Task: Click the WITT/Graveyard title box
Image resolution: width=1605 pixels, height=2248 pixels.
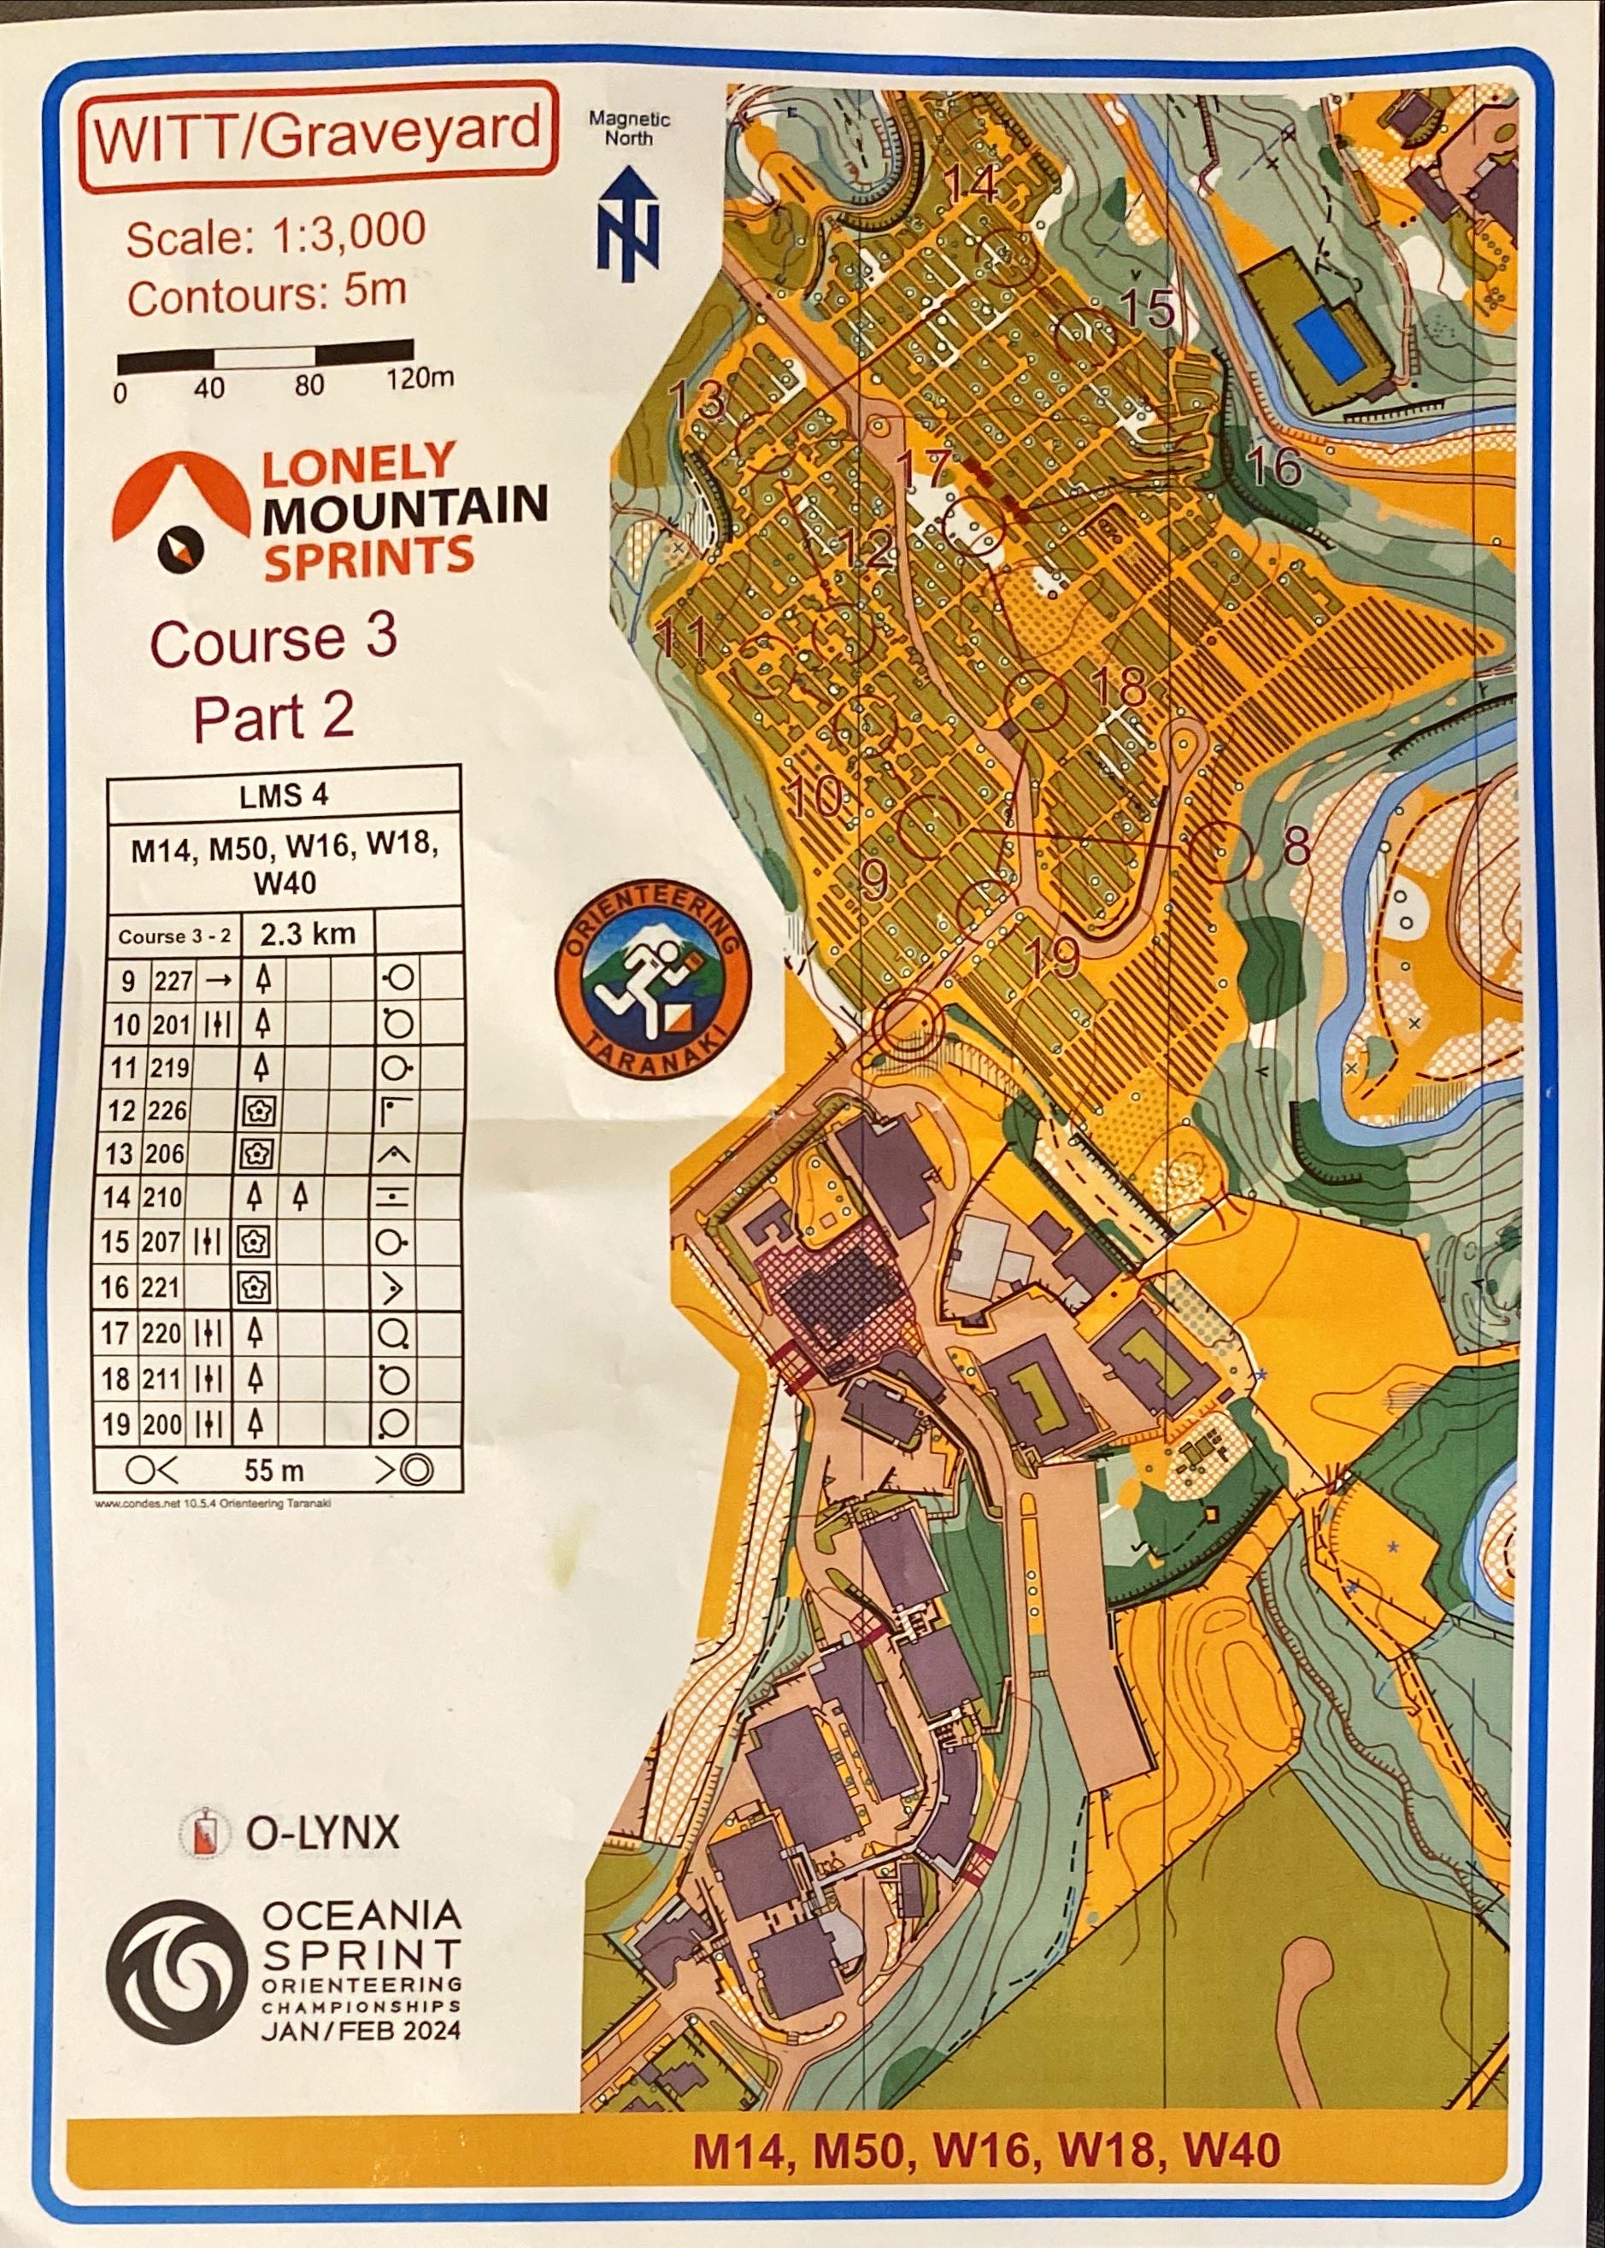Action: [318, 134]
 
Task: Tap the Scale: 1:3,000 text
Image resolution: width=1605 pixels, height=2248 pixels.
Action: [276, 235]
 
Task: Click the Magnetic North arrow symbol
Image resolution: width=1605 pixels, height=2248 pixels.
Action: [627, 221]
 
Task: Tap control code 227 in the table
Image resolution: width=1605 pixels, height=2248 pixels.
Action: [172, 980]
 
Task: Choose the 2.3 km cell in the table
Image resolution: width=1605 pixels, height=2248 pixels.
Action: [308, 934]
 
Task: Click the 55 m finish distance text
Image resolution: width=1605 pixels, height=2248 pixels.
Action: [273, 1470]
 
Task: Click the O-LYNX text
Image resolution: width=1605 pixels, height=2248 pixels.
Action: [321, 1833]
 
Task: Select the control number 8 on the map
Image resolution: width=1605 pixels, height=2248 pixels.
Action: [1296, 847]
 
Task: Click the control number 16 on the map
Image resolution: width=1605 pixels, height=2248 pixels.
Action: [1274, 467]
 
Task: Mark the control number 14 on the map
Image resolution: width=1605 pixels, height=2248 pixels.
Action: [973, 185]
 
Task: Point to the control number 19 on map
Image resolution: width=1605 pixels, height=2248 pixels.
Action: [1053, 955]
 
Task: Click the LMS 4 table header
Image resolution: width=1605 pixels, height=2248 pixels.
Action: [284, 795]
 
